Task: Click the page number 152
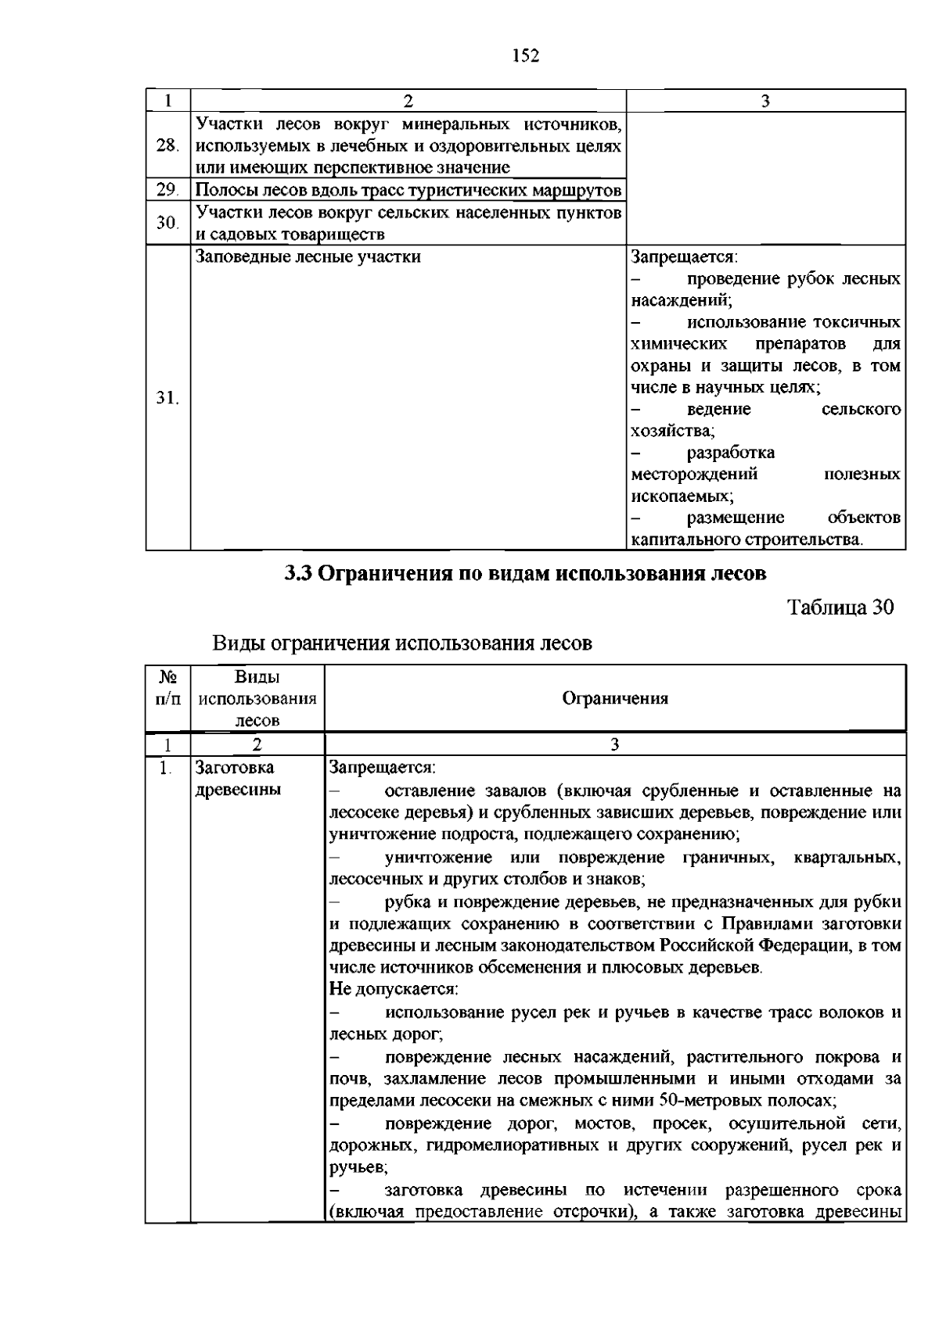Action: click(526, 56)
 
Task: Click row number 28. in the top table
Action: click(167, 145)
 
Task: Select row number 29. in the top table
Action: click(167, 190)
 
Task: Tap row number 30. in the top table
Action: click(167, 224)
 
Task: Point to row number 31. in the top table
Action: click(167, 398)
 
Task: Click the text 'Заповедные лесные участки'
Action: click(308, 256)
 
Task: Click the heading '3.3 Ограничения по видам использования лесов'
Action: click(525, 574)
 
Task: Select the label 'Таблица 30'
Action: click(840, 607)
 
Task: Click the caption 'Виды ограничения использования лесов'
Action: click(402, 643)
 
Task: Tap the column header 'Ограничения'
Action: click(615, 699)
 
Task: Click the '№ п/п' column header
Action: click(167, 688)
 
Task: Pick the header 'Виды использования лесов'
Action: click(257, 699)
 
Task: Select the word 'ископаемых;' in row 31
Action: click(682, 496)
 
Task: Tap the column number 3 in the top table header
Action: click(765, 100)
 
